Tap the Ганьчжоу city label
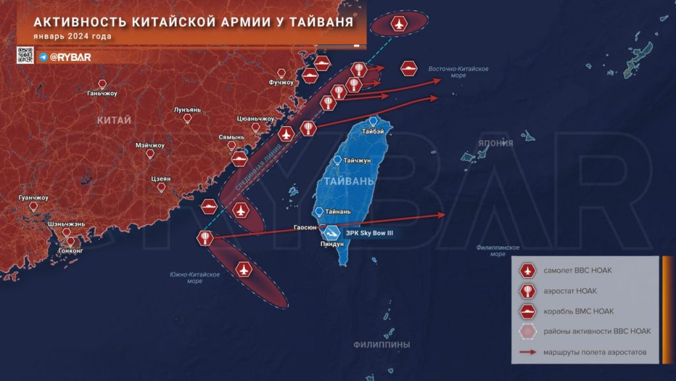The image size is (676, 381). (102, 93)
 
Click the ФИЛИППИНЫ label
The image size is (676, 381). (382, 345)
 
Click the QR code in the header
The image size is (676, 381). (24, 56)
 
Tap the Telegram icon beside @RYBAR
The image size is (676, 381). (43, 57)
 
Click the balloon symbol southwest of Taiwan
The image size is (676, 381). (205, 238)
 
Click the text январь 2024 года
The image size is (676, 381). (73, 36)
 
